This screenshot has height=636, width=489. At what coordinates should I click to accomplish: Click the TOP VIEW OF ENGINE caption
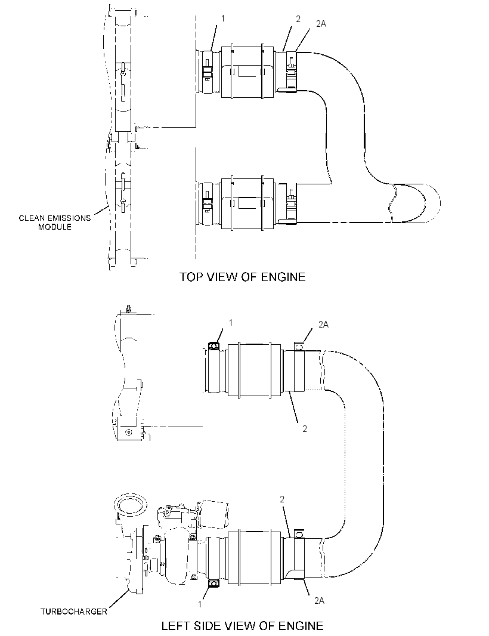[x=243, y=277]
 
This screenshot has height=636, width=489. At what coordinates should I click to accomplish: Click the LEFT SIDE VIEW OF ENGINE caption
[x=243, y=626]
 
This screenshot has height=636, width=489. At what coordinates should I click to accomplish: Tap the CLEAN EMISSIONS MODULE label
[x=55, y=223]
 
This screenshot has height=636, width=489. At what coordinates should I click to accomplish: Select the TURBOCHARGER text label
[x=74, y=612]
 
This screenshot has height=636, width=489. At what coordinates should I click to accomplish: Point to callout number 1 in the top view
[x=222, y=18]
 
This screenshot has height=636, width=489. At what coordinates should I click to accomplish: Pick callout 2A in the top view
[x=321, y=24]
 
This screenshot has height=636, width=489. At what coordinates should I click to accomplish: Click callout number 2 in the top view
[x=298, y=18]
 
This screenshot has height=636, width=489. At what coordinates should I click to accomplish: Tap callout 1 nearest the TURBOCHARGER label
[x=200, y=604]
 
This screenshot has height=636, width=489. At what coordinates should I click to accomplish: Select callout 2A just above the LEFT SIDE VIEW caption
[x=319, y=601]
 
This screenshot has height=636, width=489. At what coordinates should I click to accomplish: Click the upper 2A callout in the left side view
[x=323, y=324]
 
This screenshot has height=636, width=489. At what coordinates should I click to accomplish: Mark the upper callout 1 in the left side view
[x=231, y=322]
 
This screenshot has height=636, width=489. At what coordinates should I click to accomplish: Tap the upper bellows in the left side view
[x=255, y=369]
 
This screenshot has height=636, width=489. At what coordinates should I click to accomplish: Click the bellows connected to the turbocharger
[x=255, y=558]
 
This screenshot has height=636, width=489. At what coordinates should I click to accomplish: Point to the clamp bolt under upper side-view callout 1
[x=213, y=345]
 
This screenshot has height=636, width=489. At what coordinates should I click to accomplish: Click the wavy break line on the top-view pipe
[x=392, y=203]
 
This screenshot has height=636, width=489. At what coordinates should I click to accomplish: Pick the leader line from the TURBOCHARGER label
[x=119, y=598]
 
